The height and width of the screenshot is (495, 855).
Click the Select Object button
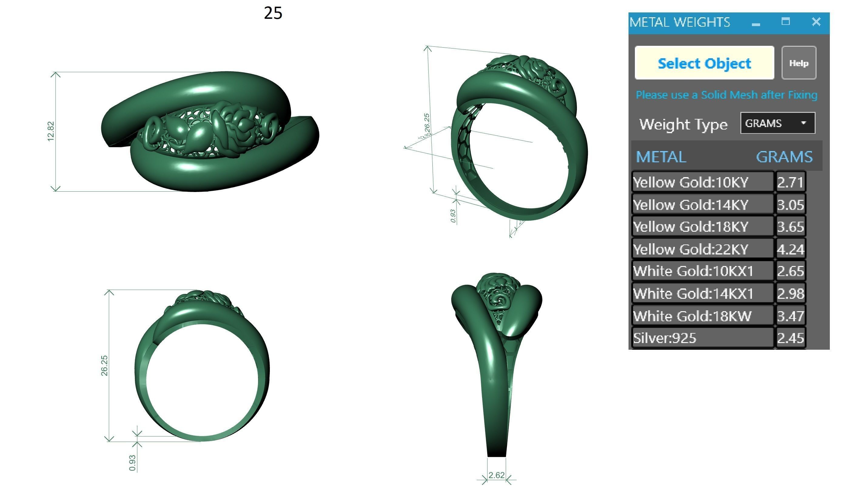point(704,63)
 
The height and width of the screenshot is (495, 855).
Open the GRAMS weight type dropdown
point(777,123)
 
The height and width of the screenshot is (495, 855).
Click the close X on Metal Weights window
point(816,22)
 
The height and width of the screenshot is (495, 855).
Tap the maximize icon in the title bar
point(786,22)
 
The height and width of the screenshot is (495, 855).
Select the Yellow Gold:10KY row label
point(690,183)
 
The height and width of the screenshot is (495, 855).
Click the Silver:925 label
point(665,338)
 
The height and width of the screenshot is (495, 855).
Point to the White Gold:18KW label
point(692,316)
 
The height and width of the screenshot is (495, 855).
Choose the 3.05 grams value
point(790,205)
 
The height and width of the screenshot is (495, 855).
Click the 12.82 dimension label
point(51,131)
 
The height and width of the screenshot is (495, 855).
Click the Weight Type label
point(683,124)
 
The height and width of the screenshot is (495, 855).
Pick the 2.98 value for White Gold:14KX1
point(790,294)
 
